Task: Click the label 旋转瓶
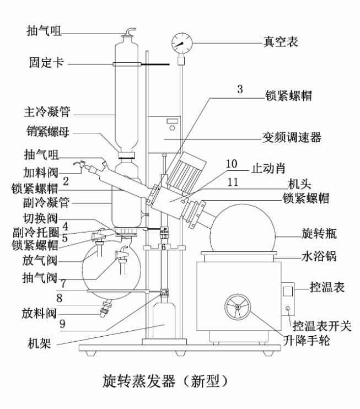click(x=315, y=234)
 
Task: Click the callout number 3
click(x=240, y=89)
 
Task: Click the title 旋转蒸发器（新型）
click(x=165, y=380)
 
